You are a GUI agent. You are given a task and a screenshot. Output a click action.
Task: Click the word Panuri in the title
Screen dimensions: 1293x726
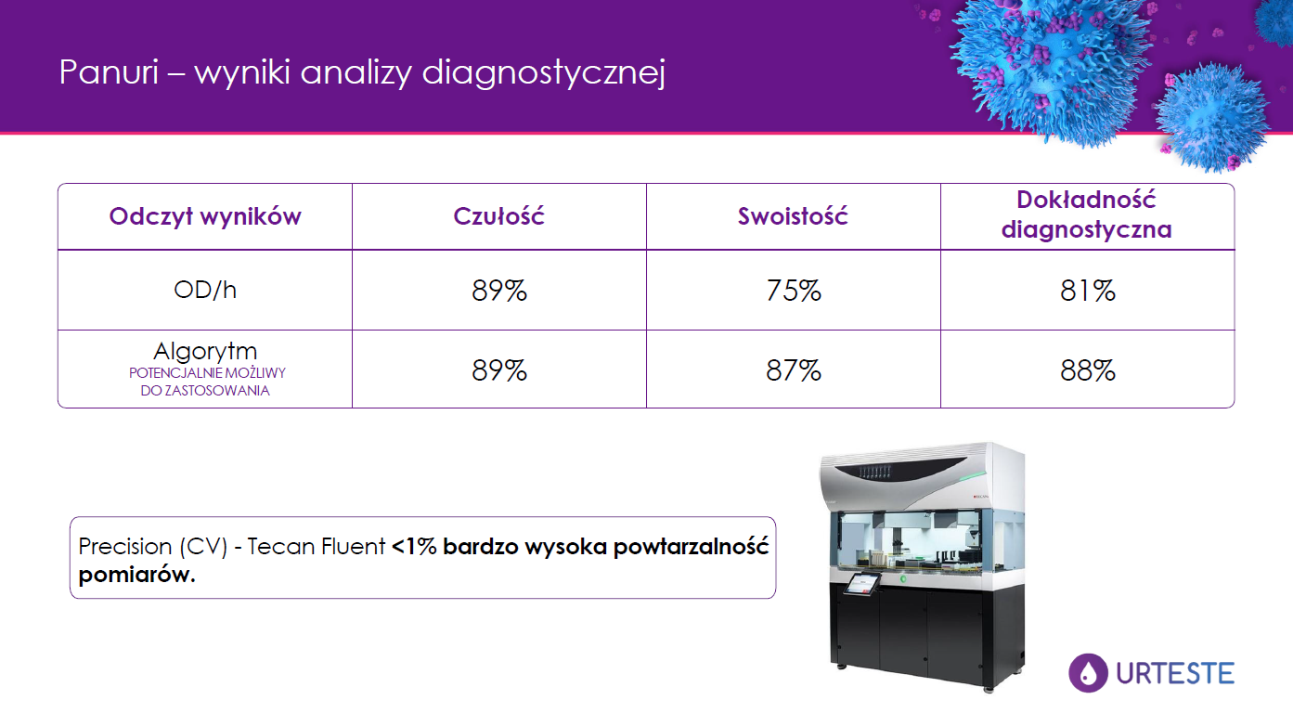click(110, 72)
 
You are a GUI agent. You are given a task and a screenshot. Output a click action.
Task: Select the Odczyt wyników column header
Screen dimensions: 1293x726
click(205, 216)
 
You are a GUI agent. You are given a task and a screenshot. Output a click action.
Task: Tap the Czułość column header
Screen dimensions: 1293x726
click(498, 216)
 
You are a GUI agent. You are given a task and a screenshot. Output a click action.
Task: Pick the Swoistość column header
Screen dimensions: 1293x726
click(793, 216)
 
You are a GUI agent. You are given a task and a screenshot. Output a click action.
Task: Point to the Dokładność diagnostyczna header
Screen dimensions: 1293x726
click(1086, 214)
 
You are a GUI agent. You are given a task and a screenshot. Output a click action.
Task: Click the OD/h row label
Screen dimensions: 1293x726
click(205, 290)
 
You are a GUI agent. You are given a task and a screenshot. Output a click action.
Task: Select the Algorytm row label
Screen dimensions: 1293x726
click(205, 351)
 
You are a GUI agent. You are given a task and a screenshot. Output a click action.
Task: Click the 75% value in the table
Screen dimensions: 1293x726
click(793, 291)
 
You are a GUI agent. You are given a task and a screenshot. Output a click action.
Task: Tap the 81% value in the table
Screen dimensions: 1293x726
click(1087, 291)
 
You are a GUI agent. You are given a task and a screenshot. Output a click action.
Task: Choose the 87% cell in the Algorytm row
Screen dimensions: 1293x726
click(793, 370)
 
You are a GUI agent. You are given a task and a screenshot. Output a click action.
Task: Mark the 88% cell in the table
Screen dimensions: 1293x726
click(1087, 370)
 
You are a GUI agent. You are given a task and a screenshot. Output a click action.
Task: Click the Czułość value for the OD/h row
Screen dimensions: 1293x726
click(498, 291)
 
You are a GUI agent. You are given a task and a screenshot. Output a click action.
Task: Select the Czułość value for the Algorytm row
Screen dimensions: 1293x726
click(498, 370)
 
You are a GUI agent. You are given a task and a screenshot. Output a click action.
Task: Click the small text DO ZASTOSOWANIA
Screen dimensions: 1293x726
click(205, 391)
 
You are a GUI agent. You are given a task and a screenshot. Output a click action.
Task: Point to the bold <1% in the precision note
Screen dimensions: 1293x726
click(414, 547)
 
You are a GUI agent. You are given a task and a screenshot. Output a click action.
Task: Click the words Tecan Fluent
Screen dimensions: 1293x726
click(316, 547)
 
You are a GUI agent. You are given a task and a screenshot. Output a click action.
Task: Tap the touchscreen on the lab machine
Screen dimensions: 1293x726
click(861, 583)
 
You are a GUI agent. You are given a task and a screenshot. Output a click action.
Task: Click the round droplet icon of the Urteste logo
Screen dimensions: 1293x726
click(1088, 673)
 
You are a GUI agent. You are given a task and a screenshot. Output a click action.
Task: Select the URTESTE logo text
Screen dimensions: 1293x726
click(1175, 673)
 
